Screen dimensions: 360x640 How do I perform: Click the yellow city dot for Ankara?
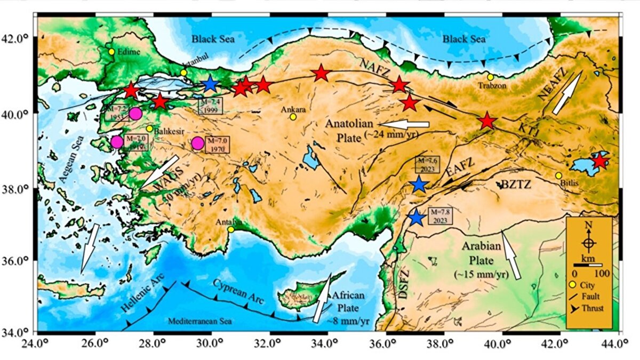293,117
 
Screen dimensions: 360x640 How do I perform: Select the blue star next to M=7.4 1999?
210,84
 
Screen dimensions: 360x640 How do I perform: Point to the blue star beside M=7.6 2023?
419,185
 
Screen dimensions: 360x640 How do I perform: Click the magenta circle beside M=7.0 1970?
198,143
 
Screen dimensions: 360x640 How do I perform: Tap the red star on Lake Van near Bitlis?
601,161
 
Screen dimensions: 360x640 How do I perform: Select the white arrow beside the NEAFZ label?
566,94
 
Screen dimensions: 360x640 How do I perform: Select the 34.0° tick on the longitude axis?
327,342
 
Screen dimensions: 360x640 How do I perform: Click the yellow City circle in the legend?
573,284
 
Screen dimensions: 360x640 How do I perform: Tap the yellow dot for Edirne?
111,52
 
